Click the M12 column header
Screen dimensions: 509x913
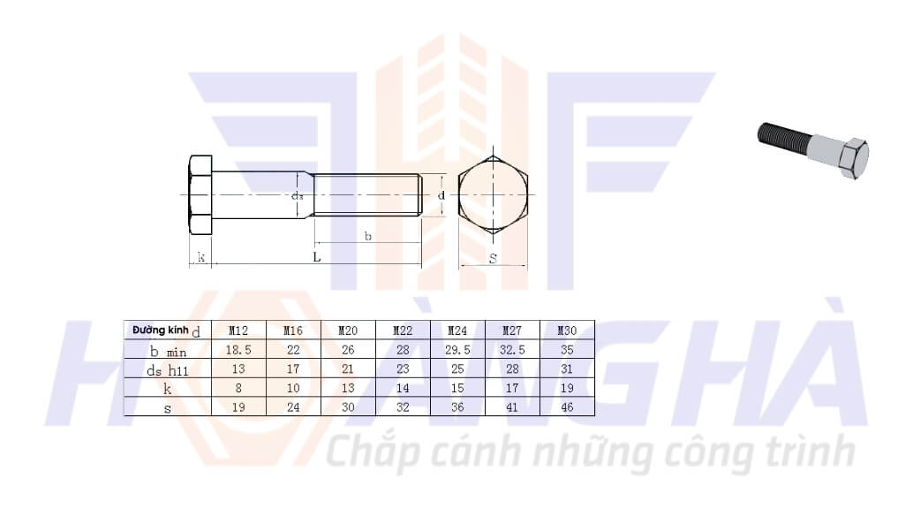(238, 330)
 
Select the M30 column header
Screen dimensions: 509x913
(567, 330)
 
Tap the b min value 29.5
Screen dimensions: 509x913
(457, 350)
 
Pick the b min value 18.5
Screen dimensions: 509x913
(238, 350)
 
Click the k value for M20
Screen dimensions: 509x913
(348, 388)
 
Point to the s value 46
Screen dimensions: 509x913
(567, 407)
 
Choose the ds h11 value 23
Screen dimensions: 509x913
(403, 369)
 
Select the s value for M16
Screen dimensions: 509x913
(293, 407)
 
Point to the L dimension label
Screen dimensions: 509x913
(316, 257)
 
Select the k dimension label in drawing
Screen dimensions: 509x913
(201, 257)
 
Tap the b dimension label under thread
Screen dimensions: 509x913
(367, 236)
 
